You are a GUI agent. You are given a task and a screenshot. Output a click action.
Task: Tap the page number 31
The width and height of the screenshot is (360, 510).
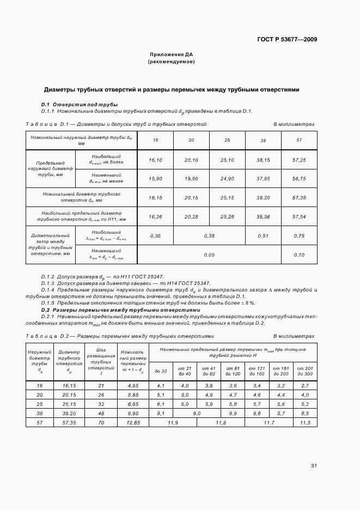tap(314, 466)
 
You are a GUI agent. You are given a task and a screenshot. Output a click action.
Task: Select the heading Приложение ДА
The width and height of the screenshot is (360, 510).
tap(171, 55)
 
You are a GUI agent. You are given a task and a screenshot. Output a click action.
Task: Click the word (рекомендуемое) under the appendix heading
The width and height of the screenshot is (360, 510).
tap(171, 62)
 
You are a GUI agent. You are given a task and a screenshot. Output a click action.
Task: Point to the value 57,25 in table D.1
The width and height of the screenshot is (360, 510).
tap(299, 160)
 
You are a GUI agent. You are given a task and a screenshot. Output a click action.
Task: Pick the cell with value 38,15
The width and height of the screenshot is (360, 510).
tap(263, 160)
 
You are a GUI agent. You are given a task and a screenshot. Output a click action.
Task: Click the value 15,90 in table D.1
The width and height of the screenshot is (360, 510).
tap(155, 178)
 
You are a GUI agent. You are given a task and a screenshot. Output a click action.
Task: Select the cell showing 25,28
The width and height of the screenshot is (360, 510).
tap(227, 216)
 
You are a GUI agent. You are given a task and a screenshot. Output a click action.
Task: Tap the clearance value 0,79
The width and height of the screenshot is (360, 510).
tap(299, 236)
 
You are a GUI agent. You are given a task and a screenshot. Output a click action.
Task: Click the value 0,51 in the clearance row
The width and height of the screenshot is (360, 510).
tap(263, 236)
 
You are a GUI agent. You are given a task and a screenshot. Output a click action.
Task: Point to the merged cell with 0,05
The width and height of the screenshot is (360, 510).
tap(209, 255)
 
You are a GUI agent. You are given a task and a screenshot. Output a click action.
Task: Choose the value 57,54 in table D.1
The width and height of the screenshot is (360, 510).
tap(299, 216)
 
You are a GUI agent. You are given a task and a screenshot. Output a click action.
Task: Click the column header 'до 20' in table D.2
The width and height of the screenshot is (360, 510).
tap(161, 371)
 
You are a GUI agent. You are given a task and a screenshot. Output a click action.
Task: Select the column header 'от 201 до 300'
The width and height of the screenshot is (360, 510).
tap(304, 371)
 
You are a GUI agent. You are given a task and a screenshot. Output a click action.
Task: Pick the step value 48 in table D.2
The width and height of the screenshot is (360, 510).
tap(101, 413)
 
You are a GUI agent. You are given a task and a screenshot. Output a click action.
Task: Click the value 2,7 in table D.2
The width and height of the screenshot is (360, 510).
tap(304, 385)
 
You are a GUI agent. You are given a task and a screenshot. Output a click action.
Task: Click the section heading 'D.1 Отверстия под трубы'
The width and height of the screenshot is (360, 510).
tap(80, 105)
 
